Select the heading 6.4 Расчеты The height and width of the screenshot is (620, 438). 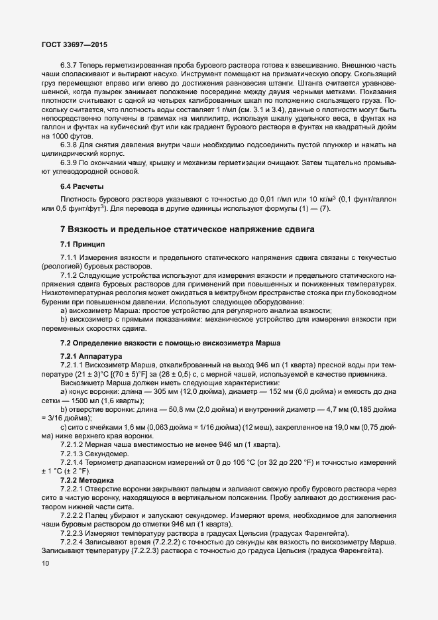[82, 186]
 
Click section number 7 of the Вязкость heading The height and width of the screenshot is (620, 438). [62, 229]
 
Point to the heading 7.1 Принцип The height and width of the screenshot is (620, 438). [83, 243]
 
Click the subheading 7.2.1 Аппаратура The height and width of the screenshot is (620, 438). [87, 356]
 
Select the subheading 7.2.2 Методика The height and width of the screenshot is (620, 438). [84, 479]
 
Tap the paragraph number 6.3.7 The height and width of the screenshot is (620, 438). [69, 65]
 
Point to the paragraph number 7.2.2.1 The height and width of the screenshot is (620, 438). [72, 489]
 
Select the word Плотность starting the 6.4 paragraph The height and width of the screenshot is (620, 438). [78, 200]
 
